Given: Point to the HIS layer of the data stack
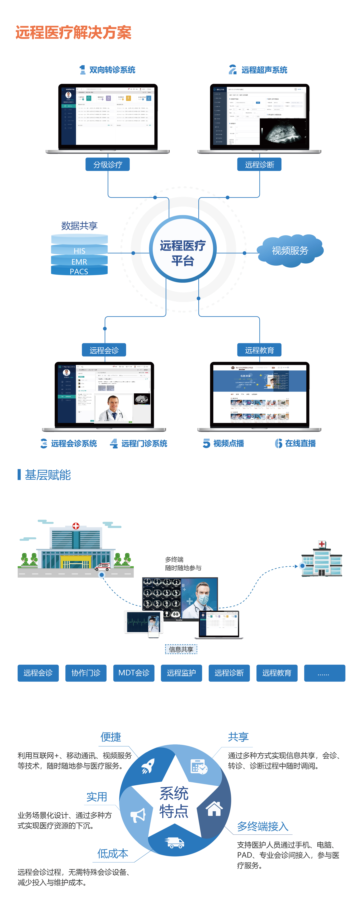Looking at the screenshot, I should (79, 251).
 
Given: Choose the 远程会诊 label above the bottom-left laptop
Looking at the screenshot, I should (104, 350).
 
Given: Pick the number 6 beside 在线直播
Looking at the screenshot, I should (278, 443).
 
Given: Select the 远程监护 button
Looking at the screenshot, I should (181, 673).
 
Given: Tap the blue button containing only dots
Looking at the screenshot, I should (324, 673).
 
